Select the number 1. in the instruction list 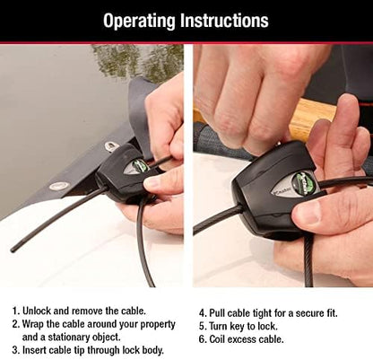point(15,307)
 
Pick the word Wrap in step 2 point(37,322)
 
